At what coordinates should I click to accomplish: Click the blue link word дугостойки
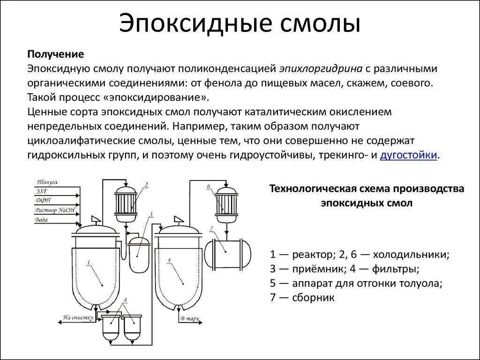pyautogui.click(x=409, y=156)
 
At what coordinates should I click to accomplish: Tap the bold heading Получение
pyautogui.click(x=55, y=54)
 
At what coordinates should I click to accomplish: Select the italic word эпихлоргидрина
pyautogui.click(x=321, y=69)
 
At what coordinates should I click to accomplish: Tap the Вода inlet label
pyautogui.click(x=42, y=219)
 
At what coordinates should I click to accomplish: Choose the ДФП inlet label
pyautogui.click(x=43, y=201)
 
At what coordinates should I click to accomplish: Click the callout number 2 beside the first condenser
pyautogui.click(x=146, y=184)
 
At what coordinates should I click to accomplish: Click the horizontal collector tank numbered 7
pyautogui.click(x=228, y=253)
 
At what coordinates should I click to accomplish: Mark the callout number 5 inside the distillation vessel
pyautogui.click(x=169, y=261)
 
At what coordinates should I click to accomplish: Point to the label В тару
pyautogui.click(x=190, y=319)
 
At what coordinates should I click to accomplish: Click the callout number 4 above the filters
pyautogui.click(x=125, y=299)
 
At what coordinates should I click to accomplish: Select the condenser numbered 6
pyautogui.click(x=226, y=204)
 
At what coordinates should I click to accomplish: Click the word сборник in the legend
pyautogui.click(x=313, y=298)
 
